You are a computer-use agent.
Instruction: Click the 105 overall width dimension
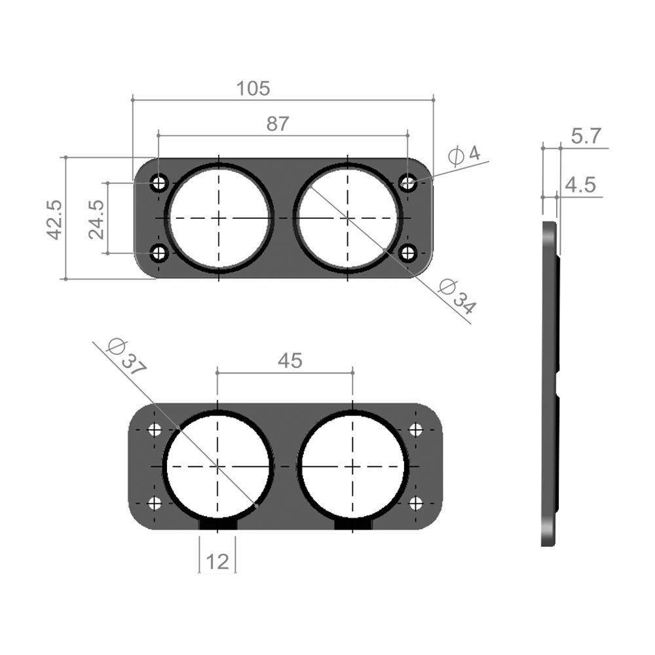tap(254, 88)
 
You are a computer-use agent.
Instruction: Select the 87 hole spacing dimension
tap(277, 124)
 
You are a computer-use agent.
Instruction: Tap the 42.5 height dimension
tap(54, 219)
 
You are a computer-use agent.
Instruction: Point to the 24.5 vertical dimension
tap(96, 219)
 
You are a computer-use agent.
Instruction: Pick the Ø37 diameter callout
tap(124, 356)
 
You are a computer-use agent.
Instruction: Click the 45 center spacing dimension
tap(290, 360)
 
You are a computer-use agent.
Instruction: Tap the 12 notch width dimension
tap(217, 561)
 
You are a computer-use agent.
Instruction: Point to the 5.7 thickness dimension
tap(586, 136)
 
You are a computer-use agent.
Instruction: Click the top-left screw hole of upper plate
tap(159, 183)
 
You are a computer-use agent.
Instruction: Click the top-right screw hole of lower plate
tap(416, 430)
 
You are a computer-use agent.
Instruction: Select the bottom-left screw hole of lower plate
tap(155, 504)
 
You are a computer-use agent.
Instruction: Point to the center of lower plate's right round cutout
tap(353, 466)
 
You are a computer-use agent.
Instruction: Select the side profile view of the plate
tap(550, 383)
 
